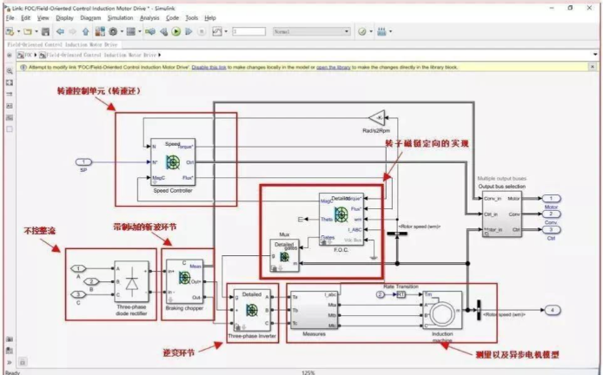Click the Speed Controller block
tap(173, 161)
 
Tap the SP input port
tap(83, 161)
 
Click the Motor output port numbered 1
tap(553, 199)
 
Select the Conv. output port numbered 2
tap(553, 214)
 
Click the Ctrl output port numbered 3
tap(553, 228)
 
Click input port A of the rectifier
tap(79, 268)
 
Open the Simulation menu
tap(120, 17)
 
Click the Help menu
tap(210, 17)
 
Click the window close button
tap(591, 6)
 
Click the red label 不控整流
tap(38, 231)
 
